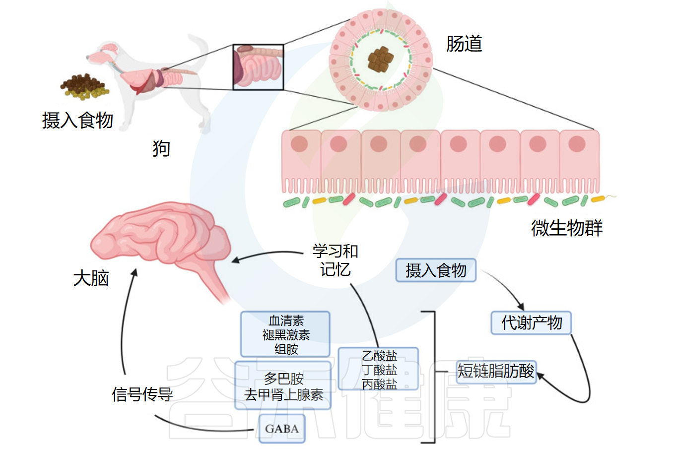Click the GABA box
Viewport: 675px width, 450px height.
pos(281,429)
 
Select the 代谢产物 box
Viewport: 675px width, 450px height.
pos(531,323)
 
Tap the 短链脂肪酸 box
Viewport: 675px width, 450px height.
pos(496,371)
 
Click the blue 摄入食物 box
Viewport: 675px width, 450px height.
pos(436,270)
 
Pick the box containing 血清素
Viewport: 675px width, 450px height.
pos(285,334)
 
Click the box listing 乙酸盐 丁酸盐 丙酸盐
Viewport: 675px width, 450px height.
pos(379,369)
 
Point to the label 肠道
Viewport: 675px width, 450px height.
pos(464,44)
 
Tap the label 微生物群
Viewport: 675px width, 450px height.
pos(566,228)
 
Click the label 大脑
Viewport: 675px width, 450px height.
pos(91,278)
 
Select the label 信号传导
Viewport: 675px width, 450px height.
pos(142,394)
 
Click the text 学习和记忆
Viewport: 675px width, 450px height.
pos(336,260)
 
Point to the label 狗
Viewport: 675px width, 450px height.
pos(161,148)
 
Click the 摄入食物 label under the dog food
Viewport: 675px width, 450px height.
pos(78,120)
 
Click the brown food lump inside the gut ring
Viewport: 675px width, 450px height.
pos(380,59)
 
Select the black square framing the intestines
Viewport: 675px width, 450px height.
pos(259,67)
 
